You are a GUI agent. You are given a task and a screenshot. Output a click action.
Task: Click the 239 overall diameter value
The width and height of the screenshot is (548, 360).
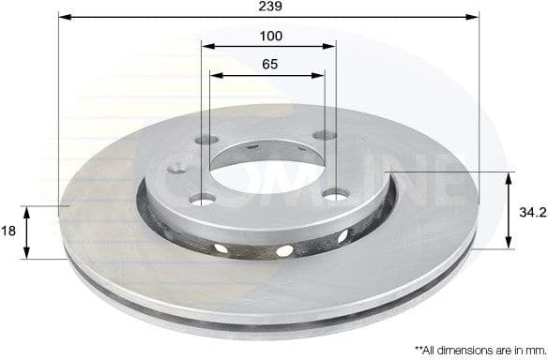270,7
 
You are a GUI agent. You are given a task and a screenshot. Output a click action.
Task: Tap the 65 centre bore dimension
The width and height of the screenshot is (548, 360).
269,66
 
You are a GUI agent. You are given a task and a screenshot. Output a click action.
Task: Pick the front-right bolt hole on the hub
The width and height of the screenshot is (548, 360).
332,193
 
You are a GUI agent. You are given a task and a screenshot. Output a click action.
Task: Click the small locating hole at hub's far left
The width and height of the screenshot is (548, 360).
175,170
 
